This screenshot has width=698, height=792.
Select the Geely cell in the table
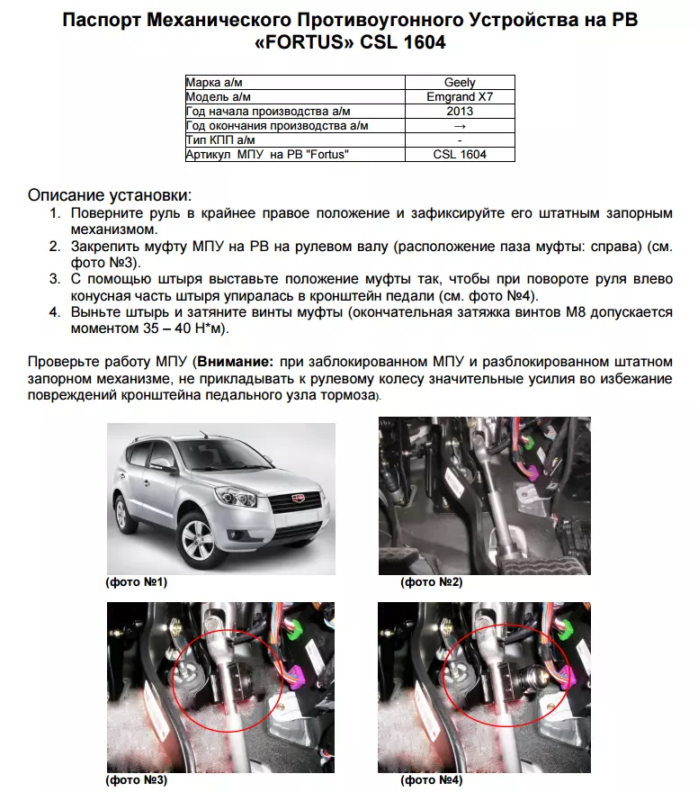point(460,83)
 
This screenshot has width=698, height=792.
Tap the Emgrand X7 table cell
point(460,97)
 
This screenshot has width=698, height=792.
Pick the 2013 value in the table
point(460,112)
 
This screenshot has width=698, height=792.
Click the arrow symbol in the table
point(460,126)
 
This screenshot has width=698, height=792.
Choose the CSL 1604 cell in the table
point(460,155)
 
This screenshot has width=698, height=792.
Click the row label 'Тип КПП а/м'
point(220,140)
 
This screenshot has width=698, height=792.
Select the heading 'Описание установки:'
point(110,195)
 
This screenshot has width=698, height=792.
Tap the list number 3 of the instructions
point(55,279)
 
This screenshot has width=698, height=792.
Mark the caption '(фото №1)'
point(136,582)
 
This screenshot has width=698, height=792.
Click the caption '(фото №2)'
point(431,582)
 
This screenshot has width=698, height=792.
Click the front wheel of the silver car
point(195,539)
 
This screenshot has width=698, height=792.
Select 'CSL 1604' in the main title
point(399,42)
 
